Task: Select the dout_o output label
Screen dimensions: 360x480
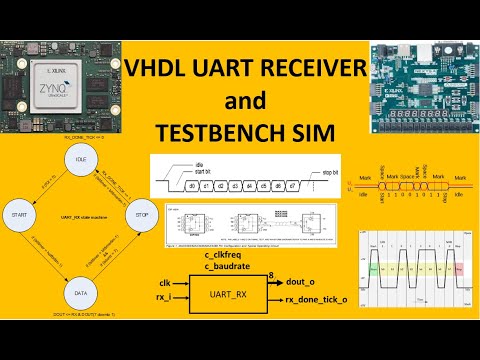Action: pyautogui.click(x=307, y=283)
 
